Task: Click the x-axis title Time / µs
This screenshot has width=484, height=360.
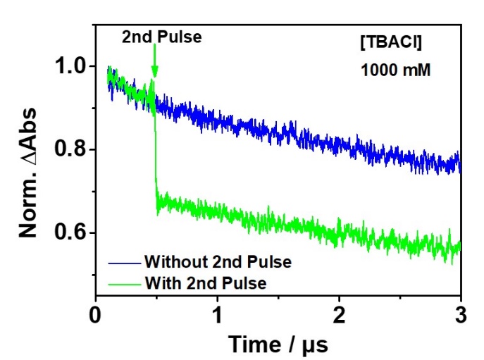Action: tap(278, 343)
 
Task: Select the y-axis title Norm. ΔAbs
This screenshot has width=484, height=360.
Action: tap(28, 163)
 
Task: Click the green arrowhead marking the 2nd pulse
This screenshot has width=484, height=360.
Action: tap(155, 72)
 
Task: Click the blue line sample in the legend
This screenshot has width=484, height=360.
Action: tap(124, 262)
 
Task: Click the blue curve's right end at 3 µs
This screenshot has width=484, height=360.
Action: tap(460, 165)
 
